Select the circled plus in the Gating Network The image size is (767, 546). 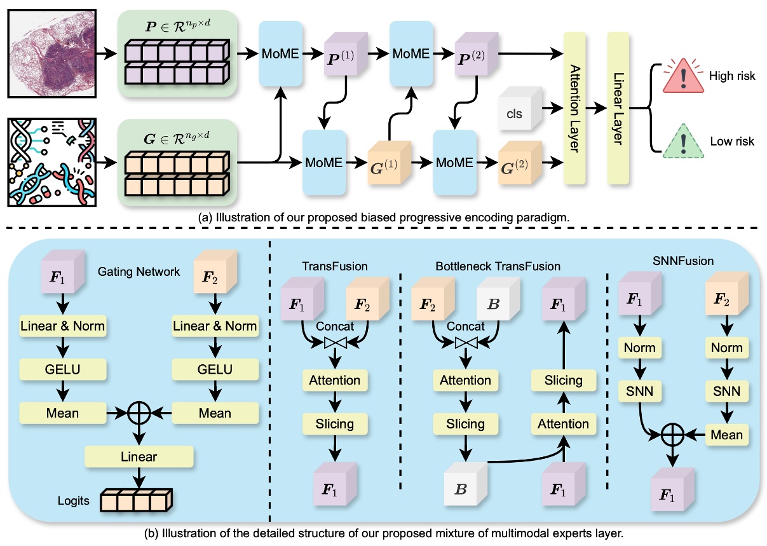coord(138,413)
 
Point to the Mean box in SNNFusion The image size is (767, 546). coord(726,435)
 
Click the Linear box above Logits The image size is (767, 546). coord(138,456)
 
